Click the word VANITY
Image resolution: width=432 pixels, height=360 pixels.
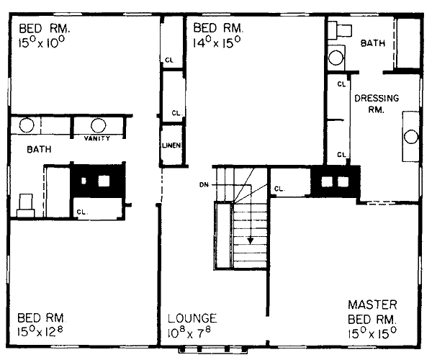97,138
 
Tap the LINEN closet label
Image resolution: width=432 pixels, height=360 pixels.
171,145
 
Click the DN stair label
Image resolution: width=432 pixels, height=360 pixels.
204,185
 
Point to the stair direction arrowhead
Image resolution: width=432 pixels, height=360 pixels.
250,240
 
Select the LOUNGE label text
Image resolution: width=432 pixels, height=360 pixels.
192,318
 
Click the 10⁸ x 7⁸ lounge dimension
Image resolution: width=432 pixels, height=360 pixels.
189,332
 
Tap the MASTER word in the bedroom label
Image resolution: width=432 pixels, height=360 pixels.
372,305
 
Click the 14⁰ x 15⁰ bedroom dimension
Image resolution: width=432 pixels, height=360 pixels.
217,42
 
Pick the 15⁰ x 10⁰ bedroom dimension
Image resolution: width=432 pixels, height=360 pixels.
42,42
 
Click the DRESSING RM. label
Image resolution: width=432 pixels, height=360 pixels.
377,104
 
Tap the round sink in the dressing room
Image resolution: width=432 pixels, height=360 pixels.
411,137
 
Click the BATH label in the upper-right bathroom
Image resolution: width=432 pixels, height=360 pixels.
373,43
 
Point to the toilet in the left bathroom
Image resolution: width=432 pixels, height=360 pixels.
26,205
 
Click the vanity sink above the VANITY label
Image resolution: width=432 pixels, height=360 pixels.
98,125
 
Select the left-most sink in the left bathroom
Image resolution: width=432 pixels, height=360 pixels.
27,125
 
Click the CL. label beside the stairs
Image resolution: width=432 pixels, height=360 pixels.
279,189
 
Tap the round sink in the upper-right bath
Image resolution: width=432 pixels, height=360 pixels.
336,58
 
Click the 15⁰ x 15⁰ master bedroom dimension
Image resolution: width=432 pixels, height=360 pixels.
372,333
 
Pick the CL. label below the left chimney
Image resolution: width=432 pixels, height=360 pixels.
82,212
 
